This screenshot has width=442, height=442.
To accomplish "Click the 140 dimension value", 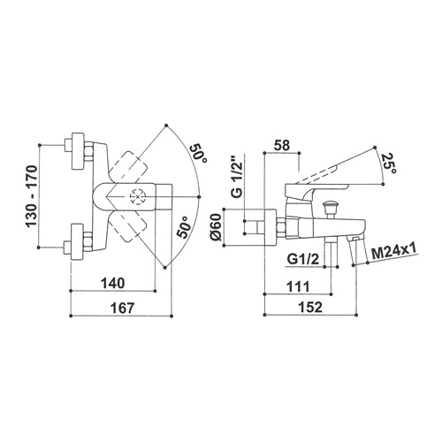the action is click(113, 284).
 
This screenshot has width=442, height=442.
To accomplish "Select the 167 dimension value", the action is click(122, 309).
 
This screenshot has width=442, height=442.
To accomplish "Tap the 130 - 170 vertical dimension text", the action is click(32, 196).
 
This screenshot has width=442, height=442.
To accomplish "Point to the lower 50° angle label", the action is click(184, 227).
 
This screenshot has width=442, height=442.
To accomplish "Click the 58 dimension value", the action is click(282, 145).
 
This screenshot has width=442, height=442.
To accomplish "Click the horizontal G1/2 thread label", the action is click(303, 259).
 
